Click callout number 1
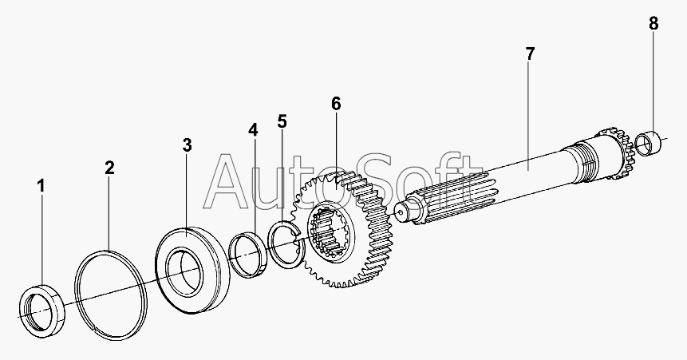tap(41, 186)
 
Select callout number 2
tap(109, 168)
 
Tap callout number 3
tap(187, 144)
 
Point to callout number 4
tap(253, 129)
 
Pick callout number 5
tap(282, 121)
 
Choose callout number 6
tap(336, 104)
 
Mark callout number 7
tap(530, 54)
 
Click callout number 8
tap(653, 23)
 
